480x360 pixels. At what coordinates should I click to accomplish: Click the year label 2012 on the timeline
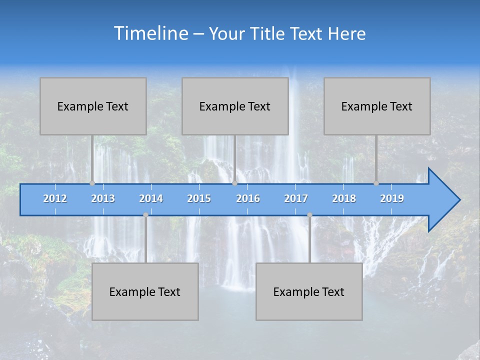tap(55, 198)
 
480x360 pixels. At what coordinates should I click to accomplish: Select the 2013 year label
tap(103, 198)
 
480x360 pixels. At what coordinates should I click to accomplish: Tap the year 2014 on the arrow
tap(151, 198)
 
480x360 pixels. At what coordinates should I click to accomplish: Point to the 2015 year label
tap(199, 198)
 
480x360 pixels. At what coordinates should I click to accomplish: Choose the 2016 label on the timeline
tap(248, 198)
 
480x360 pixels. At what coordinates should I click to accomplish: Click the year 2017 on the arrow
tap(296, 198)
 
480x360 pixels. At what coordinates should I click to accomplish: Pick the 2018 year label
tap(344, 198)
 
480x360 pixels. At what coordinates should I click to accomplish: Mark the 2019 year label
tap(392, 198)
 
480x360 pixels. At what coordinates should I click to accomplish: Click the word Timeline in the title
tap(150, 33)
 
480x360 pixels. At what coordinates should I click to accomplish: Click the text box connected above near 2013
tap(93, 106)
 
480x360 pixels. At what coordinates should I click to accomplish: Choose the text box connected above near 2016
tap(235, 106)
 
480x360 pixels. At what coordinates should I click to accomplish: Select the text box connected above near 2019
tap(377, 106)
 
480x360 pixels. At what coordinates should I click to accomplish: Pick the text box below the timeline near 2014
tap(145, 291)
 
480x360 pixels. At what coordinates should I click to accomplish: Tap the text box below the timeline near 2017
tap(309, 291)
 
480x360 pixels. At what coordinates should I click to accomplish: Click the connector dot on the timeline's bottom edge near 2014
tap(145, 215)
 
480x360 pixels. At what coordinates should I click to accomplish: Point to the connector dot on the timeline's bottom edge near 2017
tap(309, 215)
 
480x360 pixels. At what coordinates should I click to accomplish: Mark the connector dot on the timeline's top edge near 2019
tap(376, 183)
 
